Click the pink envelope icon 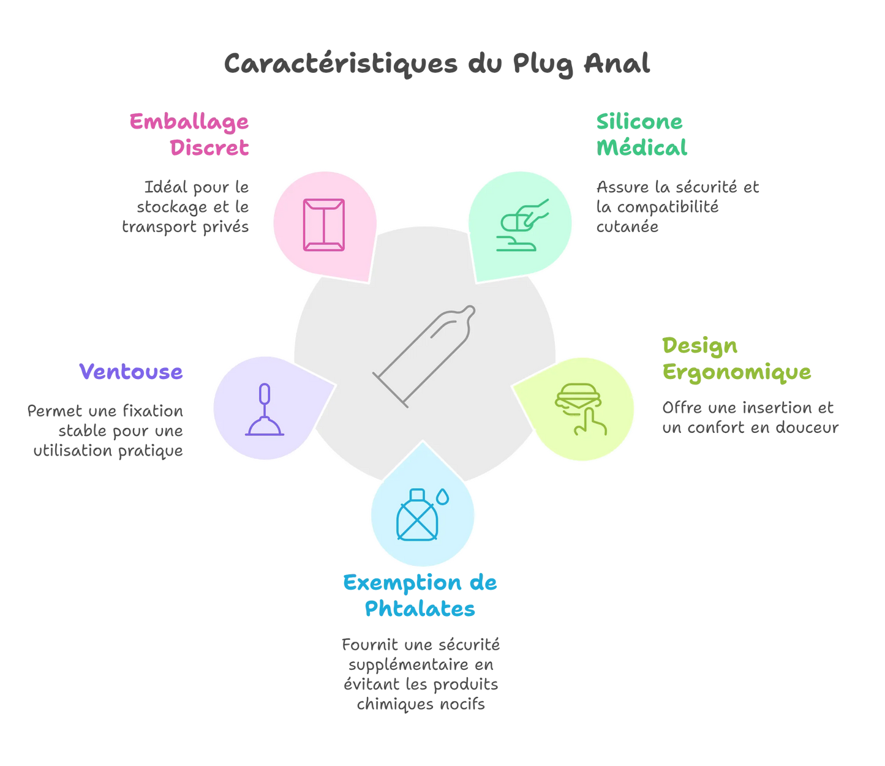(323, 225)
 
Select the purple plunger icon (265, 410)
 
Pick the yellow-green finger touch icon (579, 409)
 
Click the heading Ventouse (131, 372)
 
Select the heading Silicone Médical (641, 135)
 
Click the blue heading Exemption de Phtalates (420, 595)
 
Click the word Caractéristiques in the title (341, 64)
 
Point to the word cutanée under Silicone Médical (627, 227)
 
